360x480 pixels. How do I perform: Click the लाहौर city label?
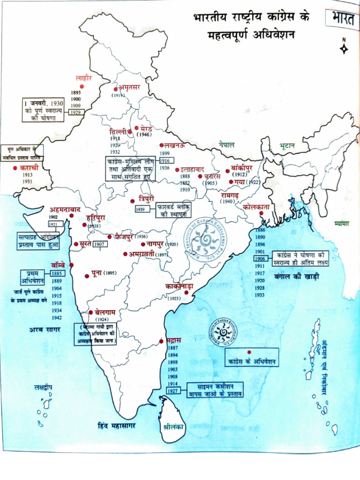[x=87, y=78]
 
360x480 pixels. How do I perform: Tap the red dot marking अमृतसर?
[x=116, y=89]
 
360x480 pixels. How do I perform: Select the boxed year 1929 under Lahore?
[x=75, y=112]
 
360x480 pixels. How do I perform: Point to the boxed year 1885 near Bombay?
[x=57, y=273]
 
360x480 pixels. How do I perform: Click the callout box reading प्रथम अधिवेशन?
[x=32, y=277]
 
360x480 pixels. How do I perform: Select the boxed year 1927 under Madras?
[x=173, y=391]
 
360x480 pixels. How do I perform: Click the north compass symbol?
[x=344, y=47]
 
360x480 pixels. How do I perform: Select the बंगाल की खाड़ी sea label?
[x=297, y=277]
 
